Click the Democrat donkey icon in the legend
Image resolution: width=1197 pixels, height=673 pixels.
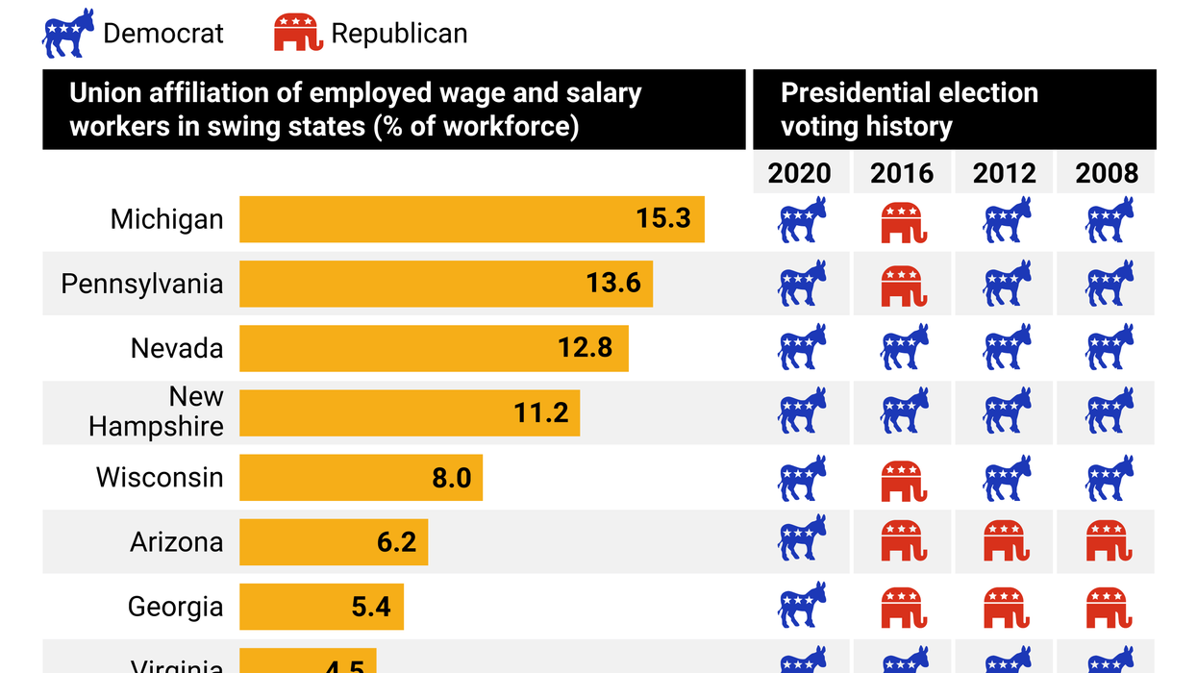tap(68, 34)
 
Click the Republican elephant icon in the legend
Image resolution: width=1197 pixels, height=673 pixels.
tap(297, 34)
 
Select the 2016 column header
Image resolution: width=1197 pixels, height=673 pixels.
tap(902, 174)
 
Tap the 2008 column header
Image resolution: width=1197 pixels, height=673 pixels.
tap(1107, 174)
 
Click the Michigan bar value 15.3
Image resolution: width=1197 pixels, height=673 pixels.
tap(663, 219)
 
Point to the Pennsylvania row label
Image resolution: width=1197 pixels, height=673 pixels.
tap(142, 284)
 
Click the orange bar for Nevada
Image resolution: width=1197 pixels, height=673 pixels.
tap(433, 348)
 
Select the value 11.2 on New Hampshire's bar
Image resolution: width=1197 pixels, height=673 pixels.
tap(541, 412)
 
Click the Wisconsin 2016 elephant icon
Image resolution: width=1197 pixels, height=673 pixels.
tap(903, 479)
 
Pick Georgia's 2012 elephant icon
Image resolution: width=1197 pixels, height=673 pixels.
tap(1006, 606)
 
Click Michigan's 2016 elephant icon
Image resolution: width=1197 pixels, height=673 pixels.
tap(903, 221)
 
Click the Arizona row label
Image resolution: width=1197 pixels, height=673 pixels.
tap(177, 542)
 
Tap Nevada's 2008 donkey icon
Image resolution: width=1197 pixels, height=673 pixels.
tap(1109, 348)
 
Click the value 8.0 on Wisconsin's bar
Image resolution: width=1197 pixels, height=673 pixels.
tap(452, 478)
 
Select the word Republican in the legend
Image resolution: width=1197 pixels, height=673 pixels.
tap(399, 34)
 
